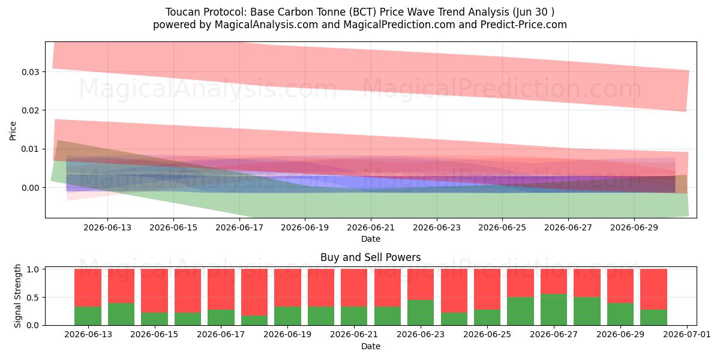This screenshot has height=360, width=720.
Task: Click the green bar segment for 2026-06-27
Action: coord(553,310)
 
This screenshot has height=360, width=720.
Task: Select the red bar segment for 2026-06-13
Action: coord(88,287)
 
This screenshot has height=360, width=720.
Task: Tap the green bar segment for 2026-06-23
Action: coord(421,313)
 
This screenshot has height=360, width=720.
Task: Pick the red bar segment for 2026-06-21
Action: coord(354,287)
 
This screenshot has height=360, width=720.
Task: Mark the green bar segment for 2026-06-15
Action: coord(154,319)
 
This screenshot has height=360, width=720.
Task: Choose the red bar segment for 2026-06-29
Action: coord(620,286)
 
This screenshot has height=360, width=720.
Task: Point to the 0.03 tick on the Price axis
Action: coord(43,71)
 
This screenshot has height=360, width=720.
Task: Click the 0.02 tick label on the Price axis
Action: coord(30,110)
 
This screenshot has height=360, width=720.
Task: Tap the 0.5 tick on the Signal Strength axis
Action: coord(43,298)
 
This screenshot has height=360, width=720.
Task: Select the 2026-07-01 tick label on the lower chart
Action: coord(687,335)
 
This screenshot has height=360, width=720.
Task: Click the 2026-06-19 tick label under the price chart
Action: coord(305,227)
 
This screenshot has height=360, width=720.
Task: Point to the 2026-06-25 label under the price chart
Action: coord(502,227)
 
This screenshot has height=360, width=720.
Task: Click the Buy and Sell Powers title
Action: coord(371,257)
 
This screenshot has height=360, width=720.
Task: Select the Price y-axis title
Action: coord(13,131)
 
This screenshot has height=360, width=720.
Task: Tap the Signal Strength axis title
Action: coord(17,296)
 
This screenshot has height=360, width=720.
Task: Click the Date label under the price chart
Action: coord(371,239)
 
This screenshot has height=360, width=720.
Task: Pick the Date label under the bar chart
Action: coord(371,346)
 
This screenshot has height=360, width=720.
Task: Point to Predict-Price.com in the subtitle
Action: coord(524,25)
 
